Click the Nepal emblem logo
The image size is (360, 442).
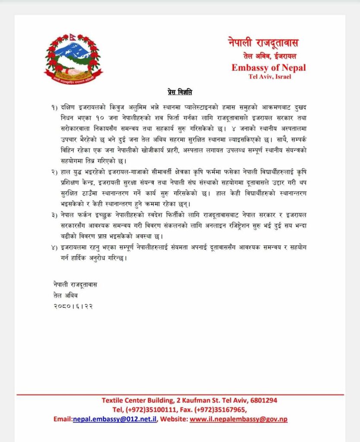73,57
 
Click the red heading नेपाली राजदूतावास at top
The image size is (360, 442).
263,43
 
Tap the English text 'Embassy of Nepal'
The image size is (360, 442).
268,67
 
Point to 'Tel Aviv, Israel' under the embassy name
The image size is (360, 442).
270,77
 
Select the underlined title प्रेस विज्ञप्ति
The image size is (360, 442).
180,92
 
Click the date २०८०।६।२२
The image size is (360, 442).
71,306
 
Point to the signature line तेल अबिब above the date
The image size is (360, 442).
63,295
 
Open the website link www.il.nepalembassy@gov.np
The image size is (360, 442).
239,419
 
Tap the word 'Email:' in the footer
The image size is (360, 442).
63,419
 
